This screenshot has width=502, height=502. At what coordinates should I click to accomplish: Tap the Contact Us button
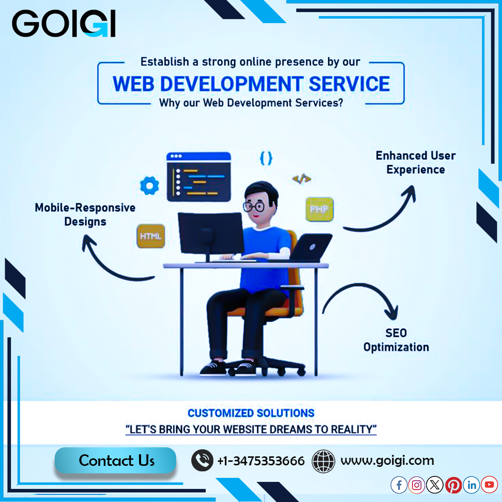click(x=116, y=460)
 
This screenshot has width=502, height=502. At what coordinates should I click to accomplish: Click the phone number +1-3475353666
click(x=261, y=461)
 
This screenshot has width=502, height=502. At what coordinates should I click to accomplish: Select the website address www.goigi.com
click(x=387, y=460)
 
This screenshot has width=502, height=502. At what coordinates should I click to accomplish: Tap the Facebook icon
click(x=399, y=485)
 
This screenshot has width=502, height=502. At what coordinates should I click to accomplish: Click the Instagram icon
click(x=417, y=485)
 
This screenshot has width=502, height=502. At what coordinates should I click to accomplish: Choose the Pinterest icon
click(x=453, y=485)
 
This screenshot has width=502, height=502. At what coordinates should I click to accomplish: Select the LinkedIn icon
click(x=471, y=485)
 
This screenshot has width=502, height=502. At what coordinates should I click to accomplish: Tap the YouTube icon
click(x=489, y=485)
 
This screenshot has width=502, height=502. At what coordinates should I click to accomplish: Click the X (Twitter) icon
click(x=435, y=485)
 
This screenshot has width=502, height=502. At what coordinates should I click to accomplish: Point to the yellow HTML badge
click(x=151, y=236)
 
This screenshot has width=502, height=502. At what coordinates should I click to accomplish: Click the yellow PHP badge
click(x=319, y=209)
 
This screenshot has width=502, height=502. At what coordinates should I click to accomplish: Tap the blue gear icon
click(x=149, y=186)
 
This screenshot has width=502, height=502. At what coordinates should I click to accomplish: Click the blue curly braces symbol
click(x=266, y=159)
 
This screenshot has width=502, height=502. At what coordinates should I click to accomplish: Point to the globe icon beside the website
click(x=323, y=461)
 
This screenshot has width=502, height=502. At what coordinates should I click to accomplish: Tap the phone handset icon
click(x=202, y=460)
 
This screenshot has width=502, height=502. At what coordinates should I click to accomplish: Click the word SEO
click(x=396, y=333)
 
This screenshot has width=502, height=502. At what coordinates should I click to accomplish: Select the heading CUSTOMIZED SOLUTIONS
click(x=251, y=413)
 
